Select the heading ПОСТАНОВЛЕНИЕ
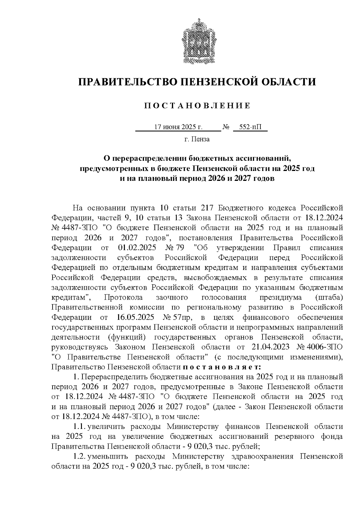point(197,106)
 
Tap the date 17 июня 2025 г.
point(178,127)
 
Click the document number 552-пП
point(250,127)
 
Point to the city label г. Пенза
point(197,139)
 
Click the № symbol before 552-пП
point(226,127)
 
